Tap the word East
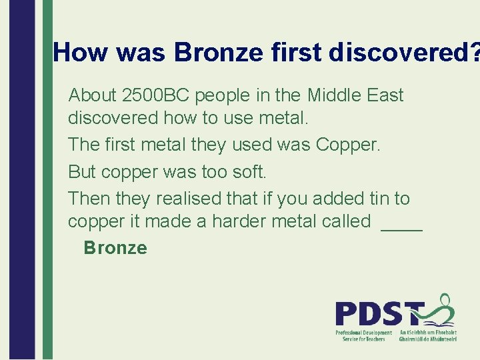point(385,95)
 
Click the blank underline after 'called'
point(401,225)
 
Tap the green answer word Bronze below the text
point(115,248)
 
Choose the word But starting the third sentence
point(82,171)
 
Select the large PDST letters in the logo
point(378,313)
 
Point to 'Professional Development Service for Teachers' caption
point(363,335)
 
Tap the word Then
point(89,199)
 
